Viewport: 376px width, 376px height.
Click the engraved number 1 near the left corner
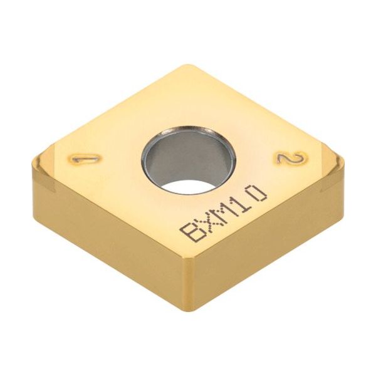pyautogui.click(x=80, y=159)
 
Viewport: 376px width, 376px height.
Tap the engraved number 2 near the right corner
pyautogui.click(x=289, y=159)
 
